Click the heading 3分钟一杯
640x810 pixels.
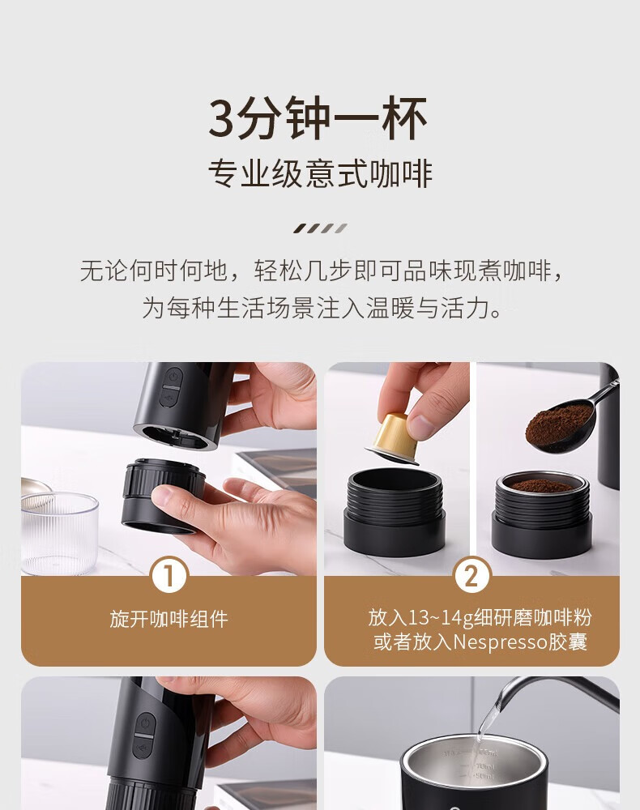point(318,119)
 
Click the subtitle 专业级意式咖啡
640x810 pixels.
point(320,174)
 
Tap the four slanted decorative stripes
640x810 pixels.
point(320,228)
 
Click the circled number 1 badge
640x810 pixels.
point(169,575)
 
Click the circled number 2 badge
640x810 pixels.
point(471,575)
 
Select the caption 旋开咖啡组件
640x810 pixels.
point(169,619)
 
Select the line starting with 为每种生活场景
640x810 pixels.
point(322,309)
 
